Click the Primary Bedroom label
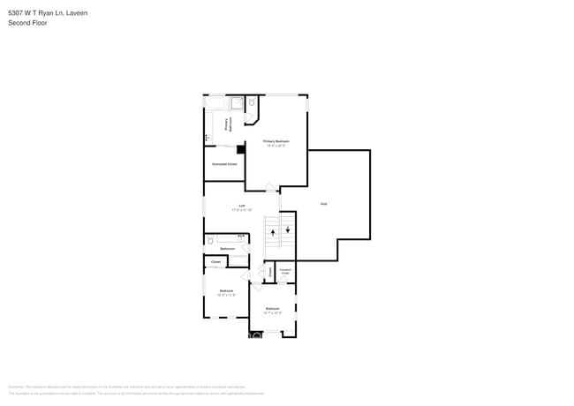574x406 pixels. pyautogui.click(x=276, y=141)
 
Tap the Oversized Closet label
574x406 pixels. pyautogui.click(x=224, y=164)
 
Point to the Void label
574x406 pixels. pyautogui.click(x=324, y=204)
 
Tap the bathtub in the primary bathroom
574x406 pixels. pyautogui.click(x=216, y=103)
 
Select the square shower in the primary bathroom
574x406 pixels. pyautogui.click(x=237, y=103)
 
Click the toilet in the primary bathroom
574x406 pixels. pyautogui.click(x=252, y=103)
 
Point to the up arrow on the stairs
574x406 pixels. pyautogui.click(x=273, y=233)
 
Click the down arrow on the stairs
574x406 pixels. pyautogui.click(x=287, y=229)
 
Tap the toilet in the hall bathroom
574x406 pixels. pyautogui.click(x=210, y=239)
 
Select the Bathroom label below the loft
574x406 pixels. pyautogui.click(x=227, y=249)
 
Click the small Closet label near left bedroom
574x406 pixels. pyautogui.click(x=215, y=262)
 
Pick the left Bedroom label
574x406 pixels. pyautogui.click(x=226, y=291)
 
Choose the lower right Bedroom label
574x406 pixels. pyautogui.click(x=273, y=309)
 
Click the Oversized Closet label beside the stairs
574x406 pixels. pyautogui.click(x=284, y=273)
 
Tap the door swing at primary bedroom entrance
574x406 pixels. pyautogui.click(x=269, y=186)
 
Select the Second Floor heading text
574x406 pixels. pyautogui.click(x=27, y=23)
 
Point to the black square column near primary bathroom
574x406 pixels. pyautogui.click(x=240, y=149)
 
